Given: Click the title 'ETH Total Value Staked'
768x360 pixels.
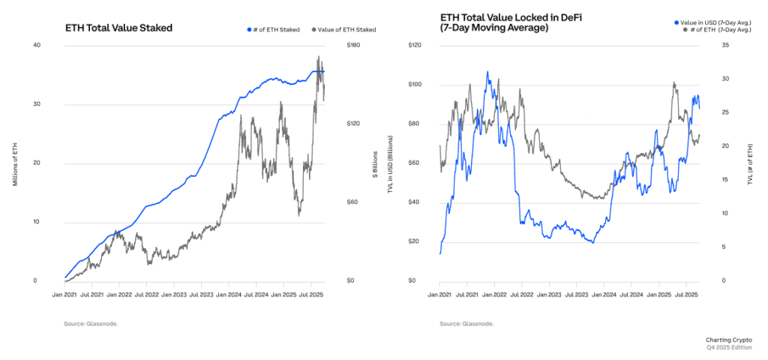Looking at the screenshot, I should (118, 28).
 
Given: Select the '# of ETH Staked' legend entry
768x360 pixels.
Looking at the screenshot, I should (276, 30).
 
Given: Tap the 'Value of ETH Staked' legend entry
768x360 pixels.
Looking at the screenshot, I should (345, 30).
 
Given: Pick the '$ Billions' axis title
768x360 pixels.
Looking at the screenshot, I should (374, 163).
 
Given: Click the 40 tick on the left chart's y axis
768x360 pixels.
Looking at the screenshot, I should (35, 45).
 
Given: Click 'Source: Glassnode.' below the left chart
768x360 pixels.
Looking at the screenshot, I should (91, 323).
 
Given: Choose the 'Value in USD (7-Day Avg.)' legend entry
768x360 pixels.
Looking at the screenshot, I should (719, 23).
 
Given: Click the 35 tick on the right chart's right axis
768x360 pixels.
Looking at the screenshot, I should (703, 45).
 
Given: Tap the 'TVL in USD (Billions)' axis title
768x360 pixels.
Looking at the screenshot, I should (389, 163).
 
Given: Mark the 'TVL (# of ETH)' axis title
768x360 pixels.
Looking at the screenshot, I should (749, 163).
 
